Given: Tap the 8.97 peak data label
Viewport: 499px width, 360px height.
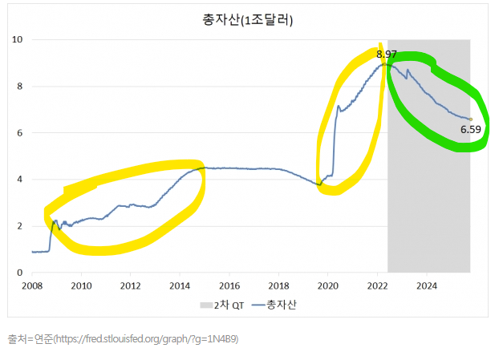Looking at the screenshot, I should (386, 55).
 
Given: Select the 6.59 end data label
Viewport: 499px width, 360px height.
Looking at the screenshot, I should (470, 129).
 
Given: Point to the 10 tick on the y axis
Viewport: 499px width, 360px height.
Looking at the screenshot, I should (17, 39).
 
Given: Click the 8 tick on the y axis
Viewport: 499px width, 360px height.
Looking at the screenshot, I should (19, 87).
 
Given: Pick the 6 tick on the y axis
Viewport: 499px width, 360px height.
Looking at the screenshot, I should (19, 133).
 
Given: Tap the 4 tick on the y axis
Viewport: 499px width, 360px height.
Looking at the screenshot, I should (19, 180).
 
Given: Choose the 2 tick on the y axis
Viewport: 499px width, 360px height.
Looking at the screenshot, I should (19, 226).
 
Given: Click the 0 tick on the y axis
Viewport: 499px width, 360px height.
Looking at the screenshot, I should (19, 273).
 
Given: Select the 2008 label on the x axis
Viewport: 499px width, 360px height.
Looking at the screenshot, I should (31, 285).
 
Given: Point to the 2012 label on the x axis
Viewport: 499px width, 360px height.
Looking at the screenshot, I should (131, 285).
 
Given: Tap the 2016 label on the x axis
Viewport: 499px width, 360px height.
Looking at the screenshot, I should (229, 285).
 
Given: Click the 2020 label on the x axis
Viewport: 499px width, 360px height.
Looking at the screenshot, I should (328, 285).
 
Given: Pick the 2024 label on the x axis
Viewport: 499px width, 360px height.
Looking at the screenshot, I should (427, 285).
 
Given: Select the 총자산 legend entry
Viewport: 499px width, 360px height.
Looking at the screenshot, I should (277, 305).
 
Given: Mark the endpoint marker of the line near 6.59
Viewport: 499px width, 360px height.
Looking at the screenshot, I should (470, 119).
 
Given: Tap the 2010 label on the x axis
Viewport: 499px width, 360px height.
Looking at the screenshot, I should (81, 285).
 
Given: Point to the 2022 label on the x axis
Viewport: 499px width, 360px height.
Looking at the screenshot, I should (378, 285).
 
